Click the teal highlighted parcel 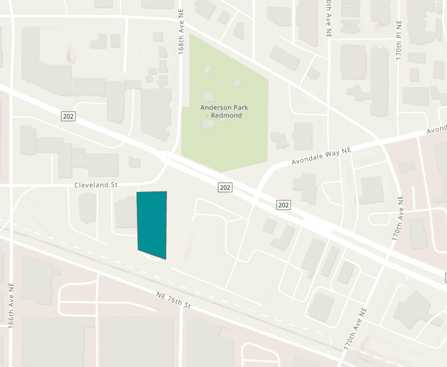(151, 224)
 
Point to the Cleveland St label (95, 185)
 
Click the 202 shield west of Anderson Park (69, 116)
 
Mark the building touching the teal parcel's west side (126, 213)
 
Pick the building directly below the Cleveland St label (87, 208)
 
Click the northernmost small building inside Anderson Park (207, 70)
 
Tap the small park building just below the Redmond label (209, 124)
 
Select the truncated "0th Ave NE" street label (328, 19)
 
